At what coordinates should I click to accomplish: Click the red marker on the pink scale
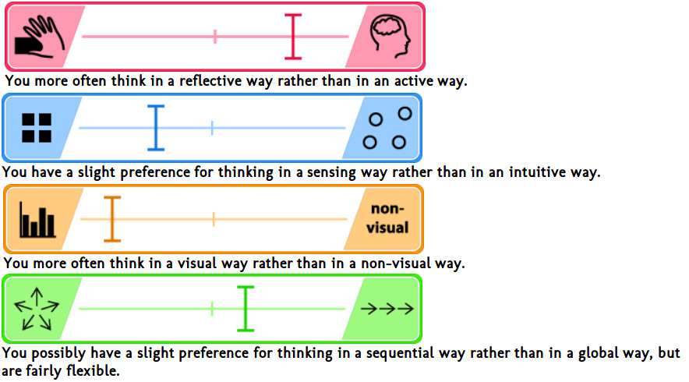pyautogui.click(x=292, y=37)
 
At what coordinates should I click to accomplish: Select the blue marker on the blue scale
pyautogui.click(x=156, y=128)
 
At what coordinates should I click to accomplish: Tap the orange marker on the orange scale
pyautogui.click(x=113, y=219)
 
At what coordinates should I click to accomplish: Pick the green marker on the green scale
pyautogui.click(x=246, y=309)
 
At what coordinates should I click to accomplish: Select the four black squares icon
pyautogui.click(x=37, y=128)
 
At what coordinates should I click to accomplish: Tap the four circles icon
pyautogui.click(x=388, y=128)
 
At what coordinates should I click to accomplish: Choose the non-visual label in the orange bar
pyautogui.click(x=389, y=218)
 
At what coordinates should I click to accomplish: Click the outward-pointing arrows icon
pyautogui.click(x=37, y=309)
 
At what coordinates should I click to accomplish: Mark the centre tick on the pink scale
pyautogui.click(x=215, y=37)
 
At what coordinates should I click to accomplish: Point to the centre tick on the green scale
pyautogui.click(x=213, y=309)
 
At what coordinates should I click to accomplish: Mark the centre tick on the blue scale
pyautogui.click(x=212, y=128)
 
